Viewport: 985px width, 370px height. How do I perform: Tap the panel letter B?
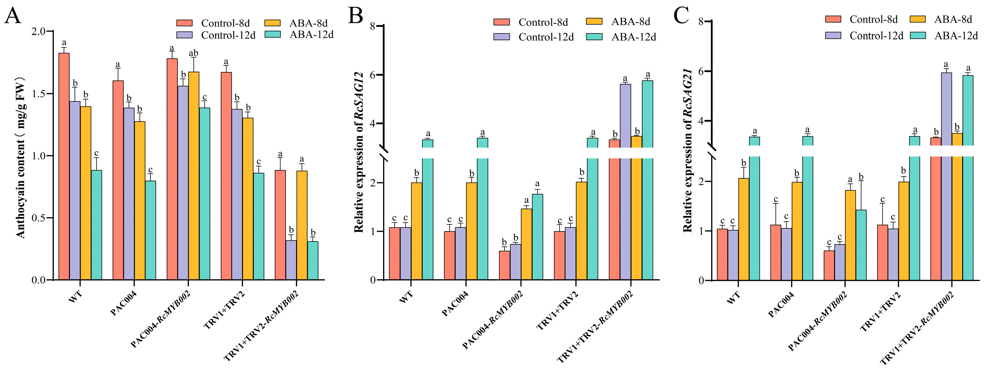coord(356,16)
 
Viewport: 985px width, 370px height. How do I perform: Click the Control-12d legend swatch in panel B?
coord(501,37)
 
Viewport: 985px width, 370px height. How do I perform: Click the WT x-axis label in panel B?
coord(406,297)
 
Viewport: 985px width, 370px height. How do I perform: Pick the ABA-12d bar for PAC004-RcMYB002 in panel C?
coord(861,245)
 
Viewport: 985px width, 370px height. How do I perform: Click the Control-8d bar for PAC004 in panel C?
coord(776,252)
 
